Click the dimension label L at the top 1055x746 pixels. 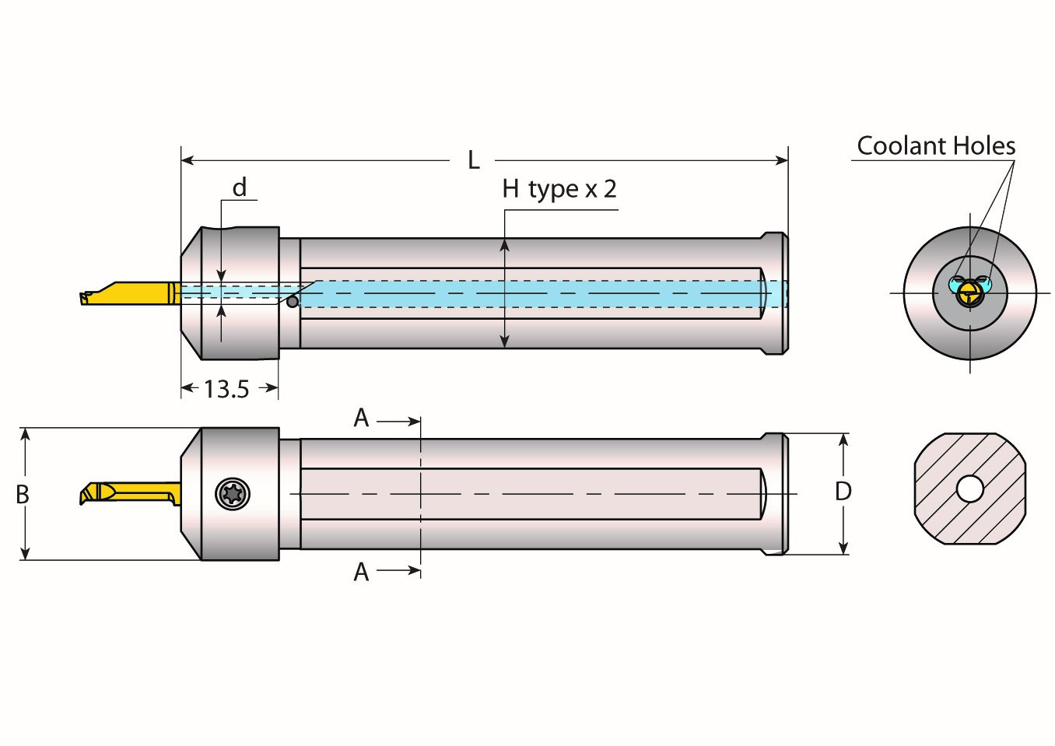point(473,161)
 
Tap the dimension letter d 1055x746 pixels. point(240,188)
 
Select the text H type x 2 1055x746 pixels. point(559,189)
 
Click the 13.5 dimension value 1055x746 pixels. point(226,389)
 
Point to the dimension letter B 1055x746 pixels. point(23,494)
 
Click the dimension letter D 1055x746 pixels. point(843,492)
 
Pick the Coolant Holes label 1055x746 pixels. point(935,146)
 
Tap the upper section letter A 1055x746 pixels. point(361,419)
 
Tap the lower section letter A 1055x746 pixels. point(361,573)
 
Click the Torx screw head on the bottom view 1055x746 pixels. point(231,494)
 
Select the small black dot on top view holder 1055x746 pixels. point(293,302)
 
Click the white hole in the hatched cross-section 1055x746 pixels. point(969,489)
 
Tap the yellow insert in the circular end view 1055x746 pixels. point(969,293)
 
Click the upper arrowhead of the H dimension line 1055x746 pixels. point(505,245)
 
